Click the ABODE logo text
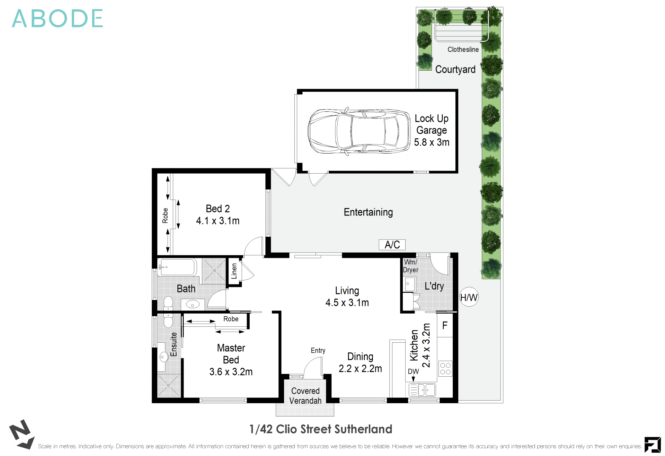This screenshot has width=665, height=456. (x=57, y=18)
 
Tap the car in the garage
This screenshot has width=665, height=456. (x=359, y=131)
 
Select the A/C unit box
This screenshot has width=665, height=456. (x=392, y=245)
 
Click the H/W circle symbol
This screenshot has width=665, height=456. (x=469, y=297)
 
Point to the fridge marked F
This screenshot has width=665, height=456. (x=445, y=325)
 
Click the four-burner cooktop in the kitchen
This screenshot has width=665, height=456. (x=445, y=368)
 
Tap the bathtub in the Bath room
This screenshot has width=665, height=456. (x=177, y=267)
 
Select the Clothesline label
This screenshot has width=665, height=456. (x=463, y=50)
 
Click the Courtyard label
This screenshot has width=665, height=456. (x=455, y=69)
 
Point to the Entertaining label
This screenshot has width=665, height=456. (x=368, y=212)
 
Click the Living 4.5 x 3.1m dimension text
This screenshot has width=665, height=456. (x=347, y=297)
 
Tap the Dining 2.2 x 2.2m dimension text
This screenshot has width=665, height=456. (x=360, y=362)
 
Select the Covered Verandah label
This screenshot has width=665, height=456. (x=305, y=396)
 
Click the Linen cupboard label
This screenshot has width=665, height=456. (x=234, y=271)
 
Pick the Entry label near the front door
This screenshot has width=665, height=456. (x=318, y=351)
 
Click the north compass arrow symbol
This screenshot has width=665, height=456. (x=22, y=434)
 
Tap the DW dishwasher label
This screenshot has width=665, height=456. (x=413, y=371)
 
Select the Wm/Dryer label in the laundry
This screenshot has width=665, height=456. (x=410, y=266)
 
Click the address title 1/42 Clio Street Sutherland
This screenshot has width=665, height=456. (x=321, y=429)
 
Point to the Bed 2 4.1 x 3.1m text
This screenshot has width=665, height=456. (x=218, y=214)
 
